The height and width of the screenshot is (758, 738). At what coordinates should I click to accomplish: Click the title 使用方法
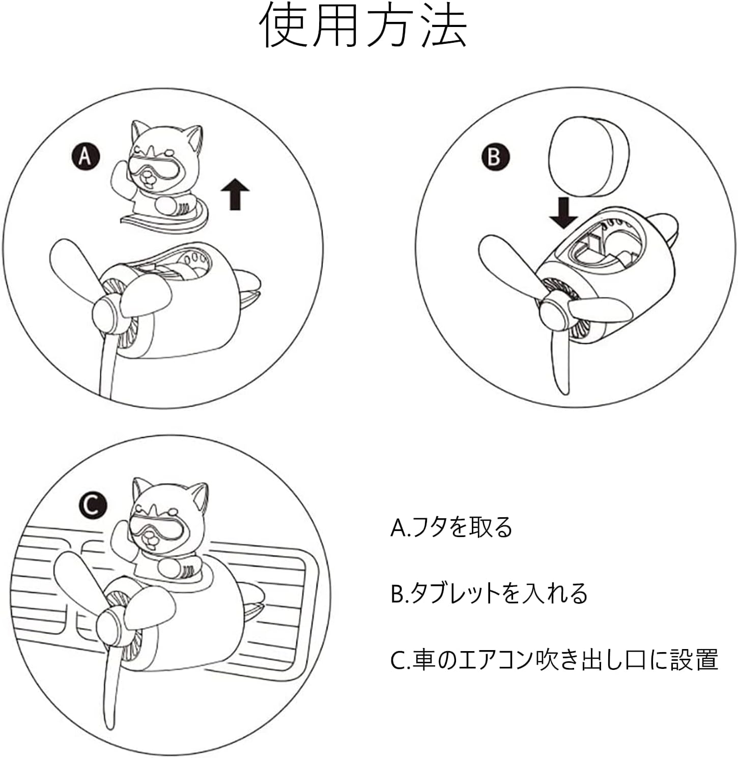364,28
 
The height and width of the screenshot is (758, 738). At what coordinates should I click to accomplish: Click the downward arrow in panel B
563,213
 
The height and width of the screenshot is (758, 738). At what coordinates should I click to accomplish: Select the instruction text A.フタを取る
451,527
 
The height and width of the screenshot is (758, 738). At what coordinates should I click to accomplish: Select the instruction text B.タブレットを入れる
489,593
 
